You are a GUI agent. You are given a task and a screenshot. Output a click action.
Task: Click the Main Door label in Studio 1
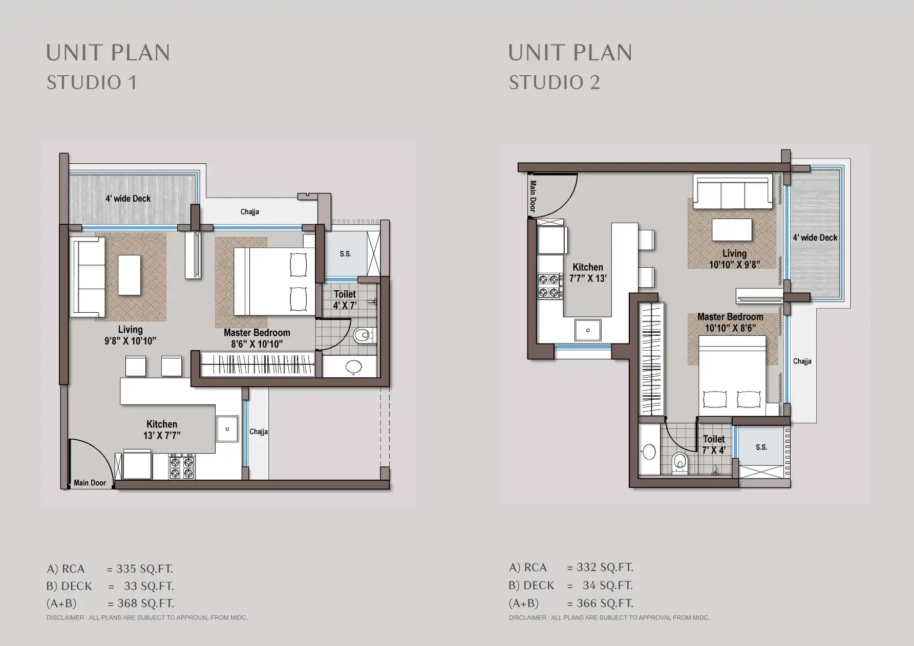tap(90, 483)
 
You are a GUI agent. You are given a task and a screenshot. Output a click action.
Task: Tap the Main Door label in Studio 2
tap(533, 196)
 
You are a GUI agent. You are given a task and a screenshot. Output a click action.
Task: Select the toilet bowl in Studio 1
tap(363, 336)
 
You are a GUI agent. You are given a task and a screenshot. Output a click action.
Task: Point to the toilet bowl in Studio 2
tap(679, 461)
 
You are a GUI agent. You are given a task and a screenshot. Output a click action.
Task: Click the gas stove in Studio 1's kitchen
tap(182, 466)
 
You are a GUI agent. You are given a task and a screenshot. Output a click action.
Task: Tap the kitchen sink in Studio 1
tap(227, 429)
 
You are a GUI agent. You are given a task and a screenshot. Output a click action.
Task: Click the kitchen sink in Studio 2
tap(588, 330)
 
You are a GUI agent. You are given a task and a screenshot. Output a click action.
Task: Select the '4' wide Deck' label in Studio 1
tap(128, 199)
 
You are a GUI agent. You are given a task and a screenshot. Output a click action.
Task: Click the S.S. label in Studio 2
tap(761, 447)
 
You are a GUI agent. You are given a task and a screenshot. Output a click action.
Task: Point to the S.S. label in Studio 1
tap(346, 254)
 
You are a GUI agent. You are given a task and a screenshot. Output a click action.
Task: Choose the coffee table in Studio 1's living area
tap(130, 275)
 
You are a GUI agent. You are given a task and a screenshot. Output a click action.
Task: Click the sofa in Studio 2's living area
tap(733, 191)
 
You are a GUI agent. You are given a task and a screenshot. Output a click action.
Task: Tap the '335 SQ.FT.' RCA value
tap(144, 569)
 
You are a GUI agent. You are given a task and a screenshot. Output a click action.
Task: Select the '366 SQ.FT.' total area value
tap(605, 603)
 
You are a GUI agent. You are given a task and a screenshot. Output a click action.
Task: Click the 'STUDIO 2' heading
tap(554, 82)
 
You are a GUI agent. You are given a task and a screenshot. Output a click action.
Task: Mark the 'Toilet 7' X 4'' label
tap(714, 444)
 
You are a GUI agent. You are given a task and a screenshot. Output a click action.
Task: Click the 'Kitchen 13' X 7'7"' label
tap(162, 430)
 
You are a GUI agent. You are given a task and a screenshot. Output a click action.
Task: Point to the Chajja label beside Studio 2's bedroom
tap(802, 361)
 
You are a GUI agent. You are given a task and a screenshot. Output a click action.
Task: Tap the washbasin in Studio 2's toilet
tap(649, 453)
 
